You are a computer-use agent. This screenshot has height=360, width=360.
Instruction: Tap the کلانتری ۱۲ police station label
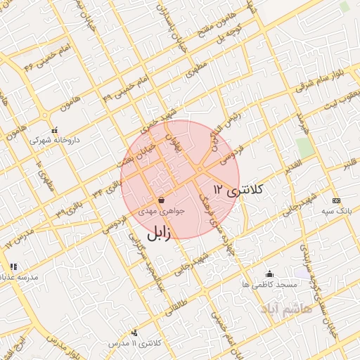(238, 189)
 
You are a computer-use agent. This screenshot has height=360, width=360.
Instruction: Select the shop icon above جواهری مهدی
(162, 200)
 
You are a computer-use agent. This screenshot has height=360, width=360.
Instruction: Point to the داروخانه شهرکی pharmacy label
(55, 139)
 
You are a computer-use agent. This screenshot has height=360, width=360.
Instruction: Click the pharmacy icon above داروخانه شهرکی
(55, 129)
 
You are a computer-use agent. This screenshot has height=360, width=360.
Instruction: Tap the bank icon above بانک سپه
(335, 200)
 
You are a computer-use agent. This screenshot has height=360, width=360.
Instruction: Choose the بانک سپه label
(336, 210)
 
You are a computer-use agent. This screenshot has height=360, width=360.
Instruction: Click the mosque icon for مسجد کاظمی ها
(269, 274)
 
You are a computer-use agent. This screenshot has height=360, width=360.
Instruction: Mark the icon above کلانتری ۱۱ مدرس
(135, 333)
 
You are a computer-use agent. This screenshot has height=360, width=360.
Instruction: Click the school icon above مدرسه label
(13, 266)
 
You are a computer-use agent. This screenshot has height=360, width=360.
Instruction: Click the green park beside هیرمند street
(304, 148)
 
